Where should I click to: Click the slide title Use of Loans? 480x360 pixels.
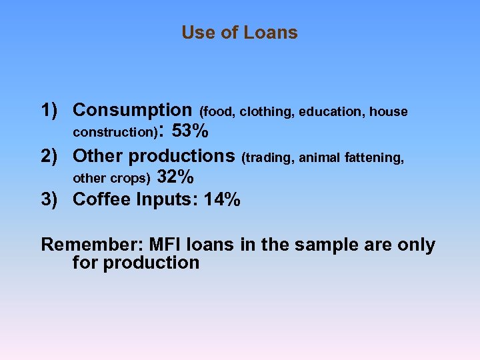pos(239,33)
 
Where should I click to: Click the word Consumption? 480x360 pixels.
pos(132,110)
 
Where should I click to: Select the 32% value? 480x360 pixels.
pos(176,177)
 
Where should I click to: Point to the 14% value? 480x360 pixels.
pos(223,199)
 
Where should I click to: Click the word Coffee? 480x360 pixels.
pos(102,199)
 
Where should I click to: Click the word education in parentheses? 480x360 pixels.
pos(330,112)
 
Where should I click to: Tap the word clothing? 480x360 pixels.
pos(267,112)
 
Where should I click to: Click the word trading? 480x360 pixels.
pos(269,158)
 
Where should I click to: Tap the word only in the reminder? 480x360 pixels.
pos(415,245)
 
